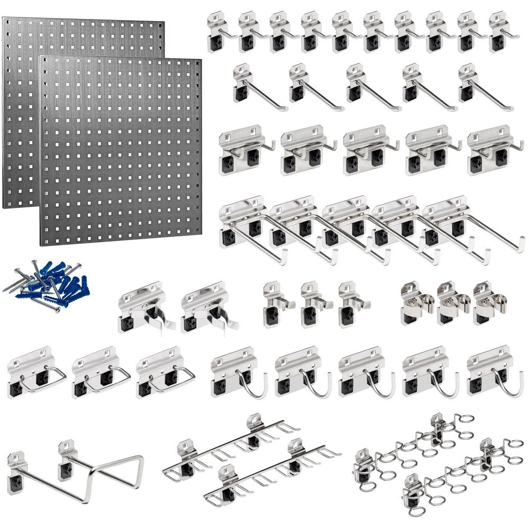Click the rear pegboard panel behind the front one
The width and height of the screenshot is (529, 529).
[x=21, y=106]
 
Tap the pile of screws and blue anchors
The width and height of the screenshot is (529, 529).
[x=48, y=286]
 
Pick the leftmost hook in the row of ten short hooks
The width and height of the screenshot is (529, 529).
[x=218, y=33]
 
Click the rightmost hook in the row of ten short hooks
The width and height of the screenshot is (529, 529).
[x=500, y=33]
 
